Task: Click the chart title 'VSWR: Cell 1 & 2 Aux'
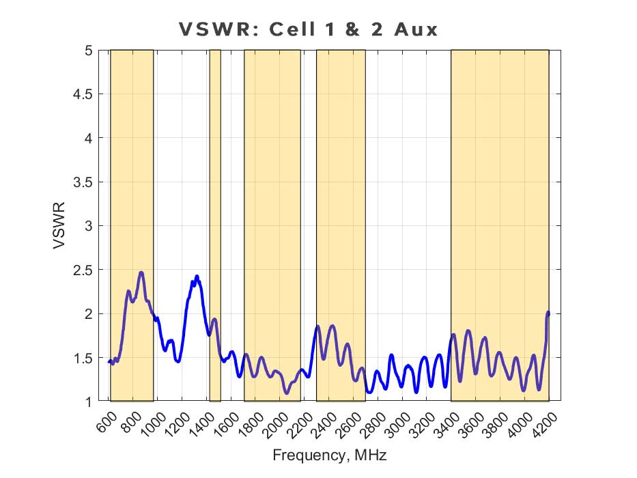pos(308,29)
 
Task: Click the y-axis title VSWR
pos(59,225)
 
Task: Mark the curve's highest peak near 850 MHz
pos(141,272)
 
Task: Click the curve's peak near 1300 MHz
pos(197,277)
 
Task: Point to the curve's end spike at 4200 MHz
pos(548,312)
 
